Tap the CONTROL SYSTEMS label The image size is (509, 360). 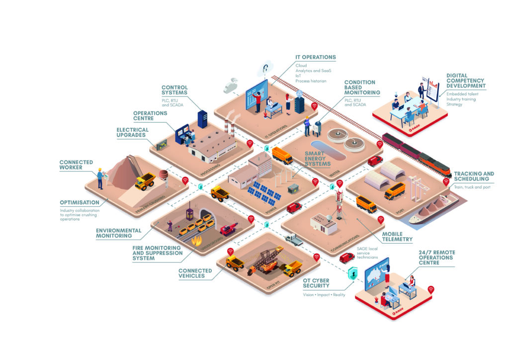(x=174, y=90)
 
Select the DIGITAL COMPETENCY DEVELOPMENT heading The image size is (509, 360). (x=466, y=81)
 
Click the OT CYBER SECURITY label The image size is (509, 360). (x=316, y=283)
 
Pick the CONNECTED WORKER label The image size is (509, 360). (x=76, y=165)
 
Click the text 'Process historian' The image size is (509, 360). (x=311, y=81)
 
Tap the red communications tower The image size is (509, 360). (x=340, y=201)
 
